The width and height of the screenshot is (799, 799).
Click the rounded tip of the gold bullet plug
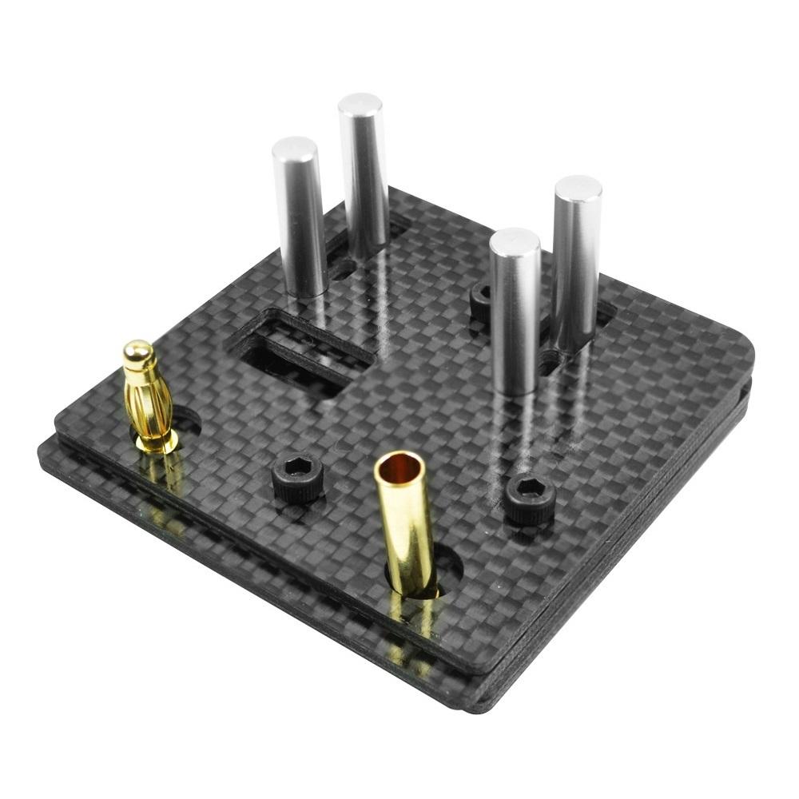point(137,352)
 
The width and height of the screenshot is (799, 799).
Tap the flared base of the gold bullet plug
point(156,441)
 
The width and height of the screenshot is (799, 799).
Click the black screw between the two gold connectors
point(297,478)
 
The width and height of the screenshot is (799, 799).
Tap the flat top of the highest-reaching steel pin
point(360,103)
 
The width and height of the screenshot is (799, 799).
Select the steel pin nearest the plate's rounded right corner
point(575,264)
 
